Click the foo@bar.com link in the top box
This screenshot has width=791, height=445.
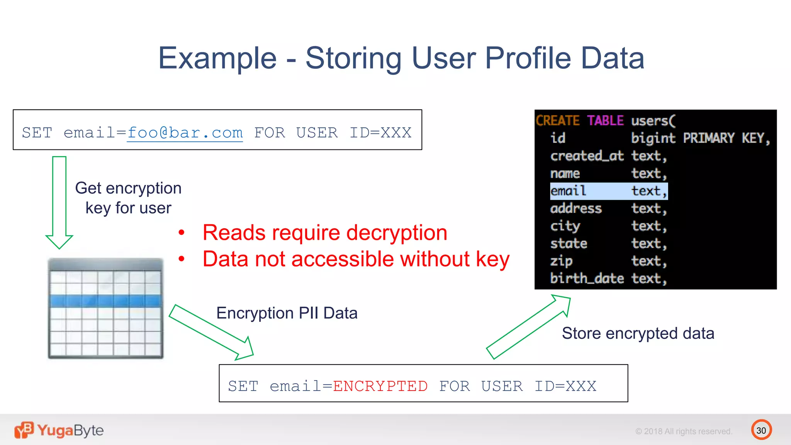pos(185,133)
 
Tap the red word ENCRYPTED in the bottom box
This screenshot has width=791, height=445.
pos(380,386)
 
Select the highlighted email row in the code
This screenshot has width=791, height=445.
pos(608,191)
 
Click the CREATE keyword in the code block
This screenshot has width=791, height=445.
pos(557,121)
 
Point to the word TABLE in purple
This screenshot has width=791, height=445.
pos(605,121)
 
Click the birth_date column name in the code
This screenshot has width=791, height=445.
pos(587,278)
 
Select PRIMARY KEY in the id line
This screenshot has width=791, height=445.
pos(726,138)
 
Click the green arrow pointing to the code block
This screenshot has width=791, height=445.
pos(528,327)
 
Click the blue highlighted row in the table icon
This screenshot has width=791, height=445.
pos(105,301)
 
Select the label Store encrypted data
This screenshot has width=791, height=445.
pos(638,333)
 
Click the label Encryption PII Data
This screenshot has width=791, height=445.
pos(287,313)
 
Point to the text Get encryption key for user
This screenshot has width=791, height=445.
pos(128,198)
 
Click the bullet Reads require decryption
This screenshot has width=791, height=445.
pos(324,233)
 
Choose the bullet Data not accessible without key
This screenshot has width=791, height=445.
pos(355,259)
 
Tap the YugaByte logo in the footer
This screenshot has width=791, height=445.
pos(59,430)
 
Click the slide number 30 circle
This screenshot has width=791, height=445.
pos(761,430)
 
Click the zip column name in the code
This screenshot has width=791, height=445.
pos(561,261)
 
